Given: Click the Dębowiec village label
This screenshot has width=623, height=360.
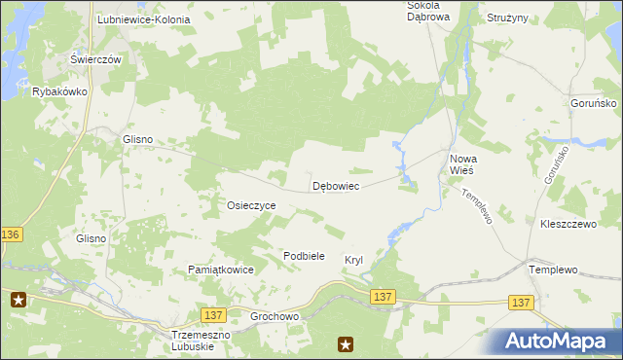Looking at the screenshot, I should pyautogui.click(x=337, y=185).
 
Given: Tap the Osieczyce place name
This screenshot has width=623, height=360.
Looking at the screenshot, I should pyautogui.click(x=252, y=206).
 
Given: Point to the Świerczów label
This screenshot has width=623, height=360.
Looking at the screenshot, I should pyautogui.click(x=95, y=59).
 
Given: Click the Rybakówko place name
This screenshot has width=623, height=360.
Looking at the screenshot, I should pyautogui.click(x=60, y=91).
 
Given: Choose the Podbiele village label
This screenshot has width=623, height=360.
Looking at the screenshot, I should pyautogui.click(x=303, y=256).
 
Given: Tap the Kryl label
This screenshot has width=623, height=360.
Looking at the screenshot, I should pyautogui.click(x=353, y=260).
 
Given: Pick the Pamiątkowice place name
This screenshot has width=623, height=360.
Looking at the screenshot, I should pyautogui.click(x=221, y=270).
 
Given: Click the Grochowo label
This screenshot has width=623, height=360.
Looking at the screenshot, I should pyautogui.click(x=275, y=317).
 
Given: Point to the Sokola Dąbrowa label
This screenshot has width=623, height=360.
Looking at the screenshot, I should pyautogui.click(x=428, y=11).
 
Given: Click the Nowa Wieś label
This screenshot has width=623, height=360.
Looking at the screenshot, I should pyautogui.click(x=461, y=163).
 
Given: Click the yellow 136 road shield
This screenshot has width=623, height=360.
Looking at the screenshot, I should pyautogui.click(x=11, y=235).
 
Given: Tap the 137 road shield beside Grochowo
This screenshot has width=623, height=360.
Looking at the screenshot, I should pyautogui.click(x=215, y=314).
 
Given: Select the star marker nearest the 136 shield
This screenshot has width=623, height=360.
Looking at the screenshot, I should pyautogui.click(x=18, y=301).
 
